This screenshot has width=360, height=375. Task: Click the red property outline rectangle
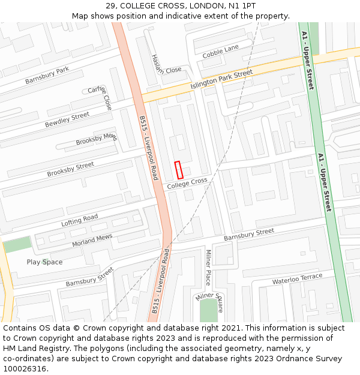(178, 170)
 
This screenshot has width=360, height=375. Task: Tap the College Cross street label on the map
(187, 184)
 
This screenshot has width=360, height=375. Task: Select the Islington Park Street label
(221, 80)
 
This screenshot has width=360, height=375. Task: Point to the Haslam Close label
(166, 63)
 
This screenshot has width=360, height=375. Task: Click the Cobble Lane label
(220, 52)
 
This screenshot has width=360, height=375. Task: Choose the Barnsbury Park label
(47, 75)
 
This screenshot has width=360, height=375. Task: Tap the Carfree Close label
(100, 97)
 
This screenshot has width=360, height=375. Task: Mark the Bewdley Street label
(67, 119)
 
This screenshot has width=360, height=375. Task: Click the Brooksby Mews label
(97, 139)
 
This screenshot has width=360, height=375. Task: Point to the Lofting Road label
(79, 220)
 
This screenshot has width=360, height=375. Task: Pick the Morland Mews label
(92, 240)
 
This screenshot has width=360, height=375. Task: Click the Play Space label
(44, 262)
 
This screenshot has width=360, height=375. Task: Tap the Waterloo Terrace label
(297, 279)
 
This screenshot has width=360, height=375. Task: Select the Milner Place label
(208, 268)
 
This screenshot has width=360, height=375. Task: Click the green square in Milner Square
(208, 310)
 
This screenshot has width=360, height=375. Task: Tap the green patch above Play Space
(17, 244)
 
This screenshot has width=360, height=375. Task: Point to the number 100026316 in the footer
(25, 369)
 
